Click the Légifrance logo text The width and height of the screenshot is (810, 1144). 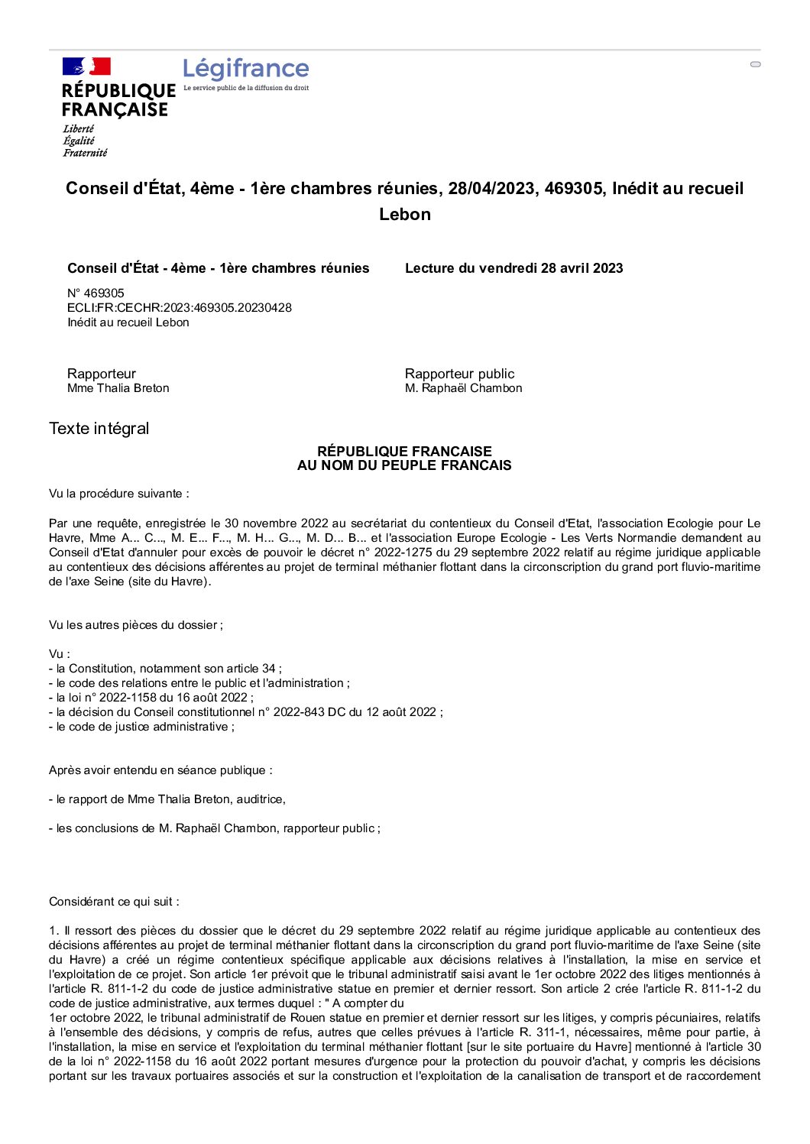pyautogui.click(x=245, y=69)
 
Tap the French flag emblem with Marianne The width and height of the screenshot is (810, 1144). pyautogui.click(x=86, y=66)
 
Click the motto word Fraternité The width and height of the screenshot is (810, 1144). pyautogui.click(x=85, y=153)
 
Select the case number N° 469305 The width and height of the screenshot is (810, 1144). pyautogui.click(x=96, y=293)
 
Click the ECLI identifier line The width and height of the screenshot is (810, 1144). pyautogui.click(x=179, y=307)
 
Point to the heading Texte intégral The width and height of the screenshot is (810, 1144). pyautogui.click(x=99, y=428)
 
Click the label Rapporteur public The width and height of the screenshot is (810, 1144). pyautogui.click(x=459, y=374)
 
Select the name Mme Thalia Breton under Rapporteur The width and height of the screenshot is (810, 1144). pyautogui.click(x=118, y=388)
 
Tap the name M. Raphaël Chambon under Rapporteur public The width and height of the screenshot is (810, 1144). pyautogui.click(x=463, y=388)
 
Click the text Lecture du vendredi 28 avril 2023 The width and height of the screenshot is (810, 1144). pyautogui.click(x=514, y=268)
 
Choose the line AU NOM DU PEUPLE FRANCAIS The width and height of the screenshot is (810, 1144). pyautogui.click(x=404, y=465)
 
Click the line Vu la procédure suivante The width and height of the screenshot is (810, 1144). pyautogui.click(x=118, y=494)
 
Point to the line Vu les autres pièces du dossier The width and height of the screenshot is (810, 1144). pyautogui.click(x=135, y=625)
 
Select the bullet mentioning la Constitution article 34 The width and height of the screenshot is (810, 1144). pyautogui.click(x=165, y=669)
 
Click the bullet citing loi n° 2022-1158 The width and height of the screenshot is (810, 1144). pyautogui.click(x=151, y=698)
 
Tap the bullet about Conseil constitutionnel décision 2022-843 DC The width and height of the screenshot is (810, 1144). pyautogui.click(x=245, y=712)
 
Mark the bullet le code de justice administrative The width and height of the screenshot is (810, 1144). pyautogui.click(x=141, y=727)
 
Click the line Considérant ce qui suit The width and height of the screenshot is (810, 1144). pyautogui.click(x=114, y=902)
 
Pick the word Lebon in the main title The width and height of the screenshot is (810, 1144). pyautogui.click(x=404, y=214)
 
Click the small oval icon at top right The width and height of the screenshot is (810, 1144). pyautogui.click(x=755, y=64)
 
